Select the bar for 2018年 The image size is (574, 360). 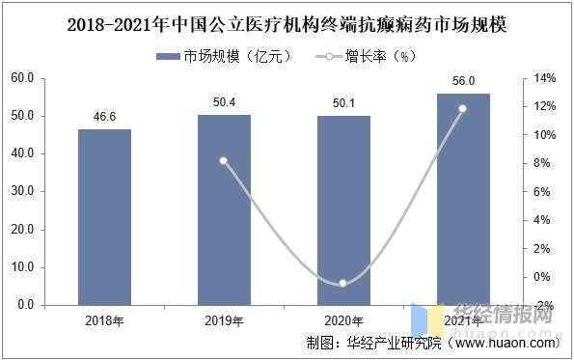point(104,217)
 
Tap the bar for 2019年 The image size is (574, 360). point(224,210)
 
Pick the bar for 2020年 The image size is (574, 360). point(342,210)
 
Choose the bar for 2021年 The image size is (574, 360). point(462,200)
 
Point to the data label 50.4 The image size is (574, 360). point(224,100)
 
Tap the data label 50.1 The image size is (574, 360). point(342,101)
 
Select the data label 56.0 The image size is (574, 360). point(462,79)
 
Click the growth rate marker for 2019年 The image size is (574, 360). point(224,161)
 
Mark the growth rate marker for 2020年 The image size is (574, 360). point(342,283)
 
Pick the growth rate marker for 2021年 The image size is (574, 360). point(462,108)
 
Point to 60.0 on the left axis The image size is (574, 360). point(30,78)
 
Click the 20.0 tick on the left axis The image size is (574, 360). point(30,230)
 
